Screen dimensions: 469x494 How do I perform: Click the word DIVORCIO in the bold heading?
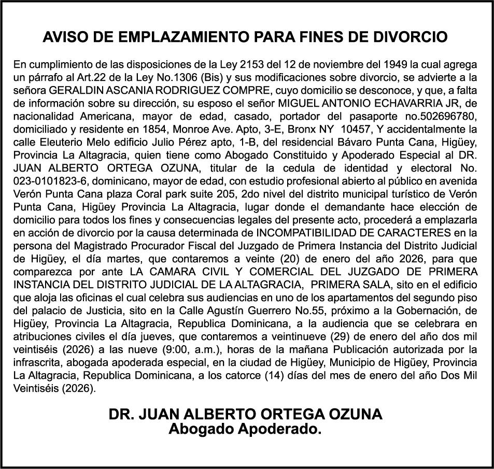pos(410,37)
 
